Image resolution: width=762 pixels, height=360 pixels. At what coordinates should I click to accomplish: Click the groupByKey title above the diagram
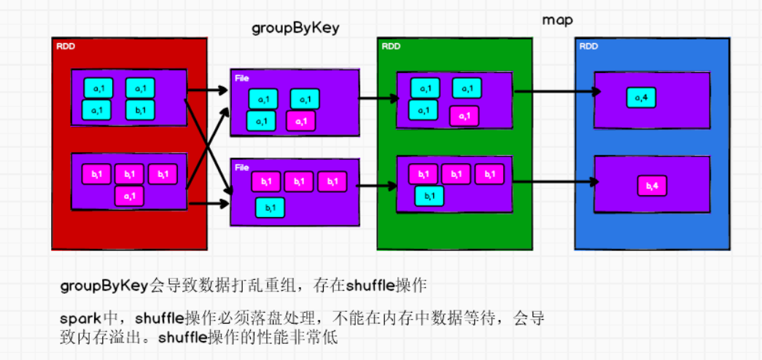click(x=295, y=28)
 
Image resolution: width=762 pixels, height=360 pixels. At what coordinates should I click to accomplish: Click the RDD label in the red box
click(x=66, y=47)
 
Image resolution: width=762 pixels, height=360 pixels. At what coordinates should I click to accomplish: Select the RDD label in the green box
click(x=391, y=47)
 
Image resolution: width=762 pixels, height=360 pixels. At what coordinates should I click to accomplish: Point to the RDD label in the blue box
click(x=588, y=47)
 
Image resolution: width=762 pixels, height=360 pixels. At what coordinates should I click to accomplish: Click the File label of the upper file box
click(x=241, y=77)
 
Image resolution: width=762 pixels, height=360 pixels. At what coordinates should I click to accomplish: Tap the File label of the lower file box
click(x=241, y=167)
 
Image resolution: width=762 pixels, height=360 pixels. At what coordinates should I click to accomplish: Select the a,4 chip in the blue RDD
click(x=642, y=97)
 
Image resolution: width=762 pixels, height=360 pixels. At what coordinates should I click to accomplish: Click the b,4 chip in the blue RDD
click(x=652, y=187)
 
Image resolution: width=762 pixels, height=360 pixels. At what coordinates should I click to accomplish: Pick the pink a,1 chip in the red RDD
click(x=130, y=196)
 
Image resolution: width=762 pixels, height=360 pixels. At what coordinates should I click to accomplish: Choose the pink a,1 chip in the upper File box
click(x=302, y=121)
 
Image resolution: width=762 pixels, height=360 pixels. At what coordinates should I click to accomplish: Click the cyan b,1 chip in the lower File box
click(x=270, y=208)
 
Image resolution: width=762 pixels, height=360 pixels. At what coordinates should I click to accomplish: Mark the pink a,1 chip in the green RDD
click(x=464, y=115)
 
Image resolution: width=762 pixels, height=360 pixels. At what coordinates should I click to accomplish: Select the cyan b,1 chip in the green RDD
click(x=429, y=196)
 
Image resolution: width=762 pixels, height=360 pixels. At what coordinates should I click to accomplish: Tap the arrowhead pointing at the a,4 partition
click(x=596, y=92)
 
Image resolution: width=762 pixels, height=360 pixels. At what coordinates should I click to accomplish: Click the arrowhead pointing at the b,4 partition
click(x=596, y=183)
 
